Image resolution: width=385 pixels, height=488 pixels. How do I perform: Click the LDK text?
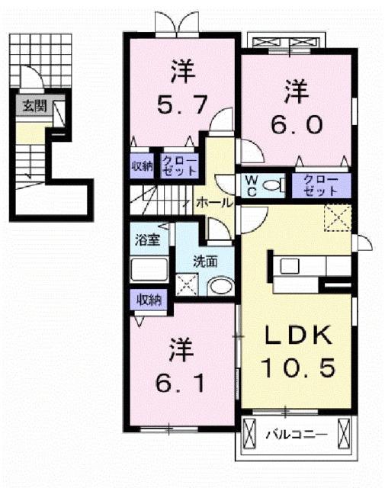pos(297,335)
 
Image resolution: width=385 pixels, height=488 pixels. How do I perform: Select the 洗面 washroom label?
pos(205,260)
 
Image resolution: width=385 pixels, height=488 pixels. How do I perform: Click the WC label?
pos(250,185)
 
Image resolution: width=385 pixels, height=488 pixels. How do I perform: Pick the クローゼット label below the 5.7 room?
pos(178,166)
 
